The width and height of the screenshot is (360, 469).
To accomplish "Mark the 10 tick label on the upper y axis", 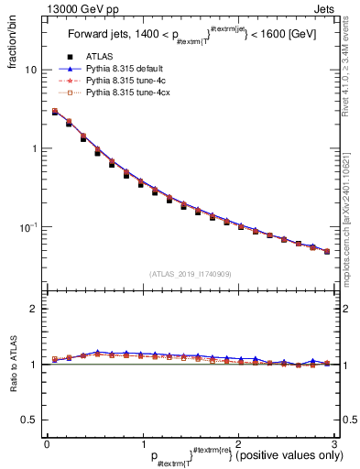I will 31,70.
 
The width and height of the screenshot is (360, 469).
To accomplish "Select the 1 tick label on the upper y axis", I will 34,148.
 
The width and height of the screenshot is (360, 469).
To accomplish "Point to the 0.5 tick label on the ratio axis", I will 30,420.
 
